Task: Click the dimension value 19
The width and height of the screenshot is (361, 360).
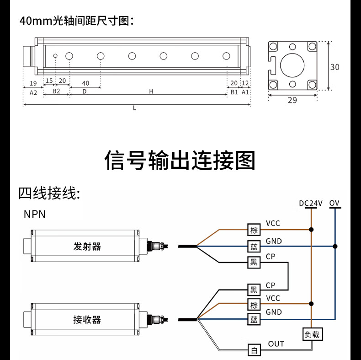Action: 33,83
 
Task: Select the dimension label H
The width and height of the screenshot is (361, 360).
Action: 151,91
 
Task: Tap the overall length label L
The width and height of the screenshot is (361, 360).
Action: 134,108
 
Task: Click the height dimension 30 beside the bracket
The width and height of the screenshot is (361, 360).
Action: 335,67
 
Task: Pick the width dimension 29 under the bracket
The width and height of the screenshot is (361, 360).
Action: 292,100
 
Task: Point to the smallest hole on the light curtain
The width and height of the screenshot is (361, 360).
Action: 55,56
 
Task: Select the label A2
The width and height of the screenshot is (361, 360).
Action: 33,91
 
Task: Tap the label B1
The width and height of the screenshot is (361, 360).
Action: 234,91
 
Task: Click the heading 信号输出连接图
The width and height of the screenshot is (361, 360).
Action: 180,160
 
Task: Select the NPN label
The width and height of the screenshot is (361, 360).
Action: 35,214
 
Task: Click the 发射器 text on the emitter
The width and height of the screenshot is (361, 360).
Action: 87,247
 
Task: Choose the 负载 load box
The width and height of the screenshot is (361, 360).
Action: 312,334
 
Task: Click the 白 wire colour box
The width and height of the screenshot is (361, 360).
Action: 254,350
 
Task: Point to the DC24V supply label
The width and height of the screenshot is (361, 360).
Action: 311,203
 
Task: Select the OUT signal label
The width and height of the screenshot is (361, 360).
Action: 276,344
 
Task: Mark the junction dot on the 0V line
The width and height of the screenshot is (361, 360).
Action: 335,246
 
